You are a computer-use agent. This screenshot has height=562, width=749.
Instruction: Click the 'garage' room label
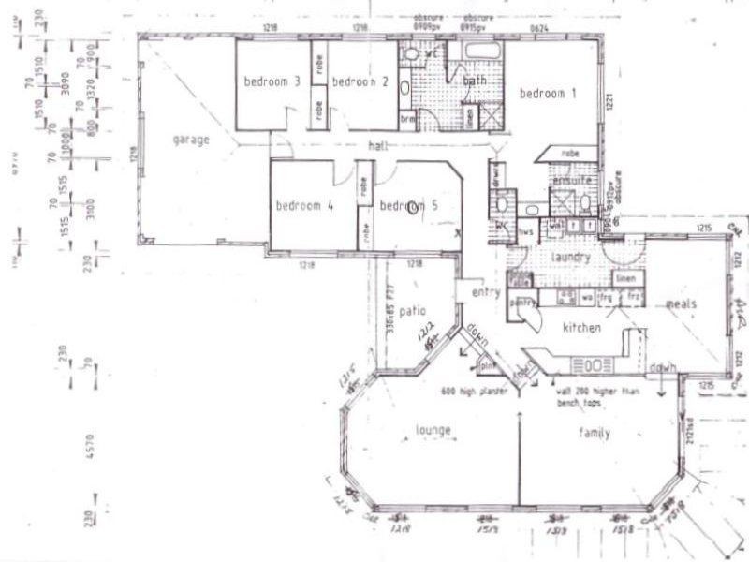pos(190,140)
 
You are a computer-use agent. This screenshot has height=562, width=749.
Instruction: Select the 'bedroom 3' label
pos(272,82)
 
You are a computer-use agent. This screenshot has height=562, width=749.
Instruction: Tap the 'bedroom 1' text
pos(550,94)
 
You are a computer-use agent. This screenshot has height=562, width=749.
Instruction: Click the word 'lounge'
pos(433,431)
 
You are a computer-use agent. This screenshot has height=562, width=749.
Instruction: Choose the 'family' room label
pos(594,433)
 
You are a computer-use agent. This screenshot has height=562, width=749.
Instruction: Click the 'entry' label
pos(487,293)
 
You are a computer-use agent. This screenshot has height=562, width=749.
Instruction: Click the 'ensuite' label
pos(573,179)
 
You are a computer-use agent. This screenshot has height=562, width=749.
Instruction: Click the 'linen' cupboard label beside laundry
pos(626,278)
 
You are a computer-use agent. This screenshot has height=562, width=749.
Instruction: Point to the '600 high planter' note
pos(478,390)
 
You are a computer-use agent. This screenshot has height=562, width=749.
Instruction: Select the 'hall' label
pos(378,146)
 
